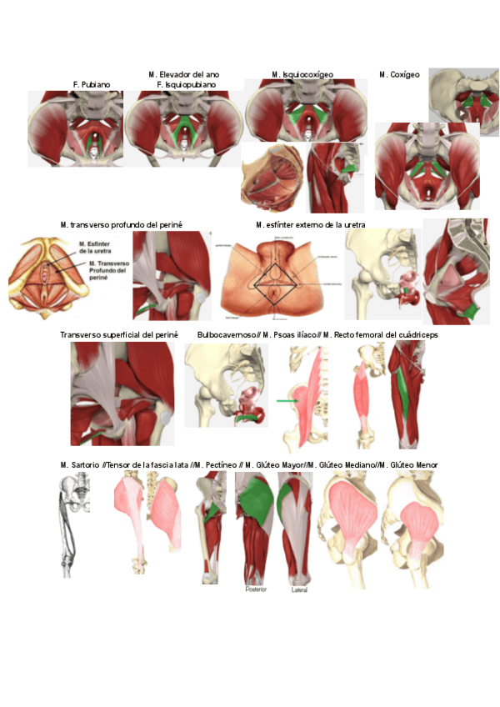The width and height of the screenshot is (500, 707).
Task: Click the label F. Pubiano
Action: [92, 85]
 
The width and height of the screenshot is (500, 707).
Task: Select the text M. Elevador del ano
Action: [185, 75]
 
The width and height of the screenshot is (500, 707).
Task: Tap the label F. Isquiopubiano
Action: [186, 85]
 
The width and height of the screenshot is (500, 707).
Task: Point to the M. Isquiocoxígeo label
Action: [302, 75]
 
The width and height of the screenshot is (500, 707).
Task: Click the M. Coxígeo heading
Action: [399, 75]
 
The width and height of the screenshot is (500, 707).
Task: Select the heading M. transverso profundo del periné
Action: [122, 225]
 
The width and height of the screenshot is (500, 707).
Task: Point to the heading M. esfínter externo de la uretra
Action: [310, 225]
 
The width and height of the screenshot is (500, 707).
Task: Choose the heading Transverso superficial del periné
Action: [119, 335]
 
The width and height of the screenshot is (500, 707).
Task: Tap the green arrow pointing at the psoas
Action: [287, 401]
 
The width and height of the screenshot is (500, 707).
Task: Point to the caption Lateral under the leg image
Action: [301, 589]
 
